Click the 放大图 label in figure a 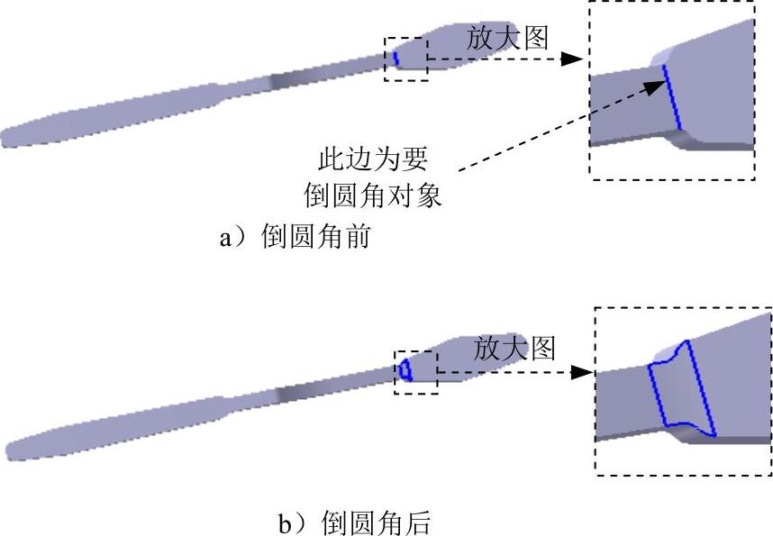pyautogui.click(x=507, y=37)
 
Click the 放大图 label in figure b pyautogui.click(x=514, y=348)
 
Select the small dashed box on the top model pyautogui.click(x=405, y=59)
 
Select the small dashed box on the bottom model pyautogui.click(x=415, y=368)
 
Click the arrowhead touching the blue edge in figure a pyautogui.click(x=656, y=83)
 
